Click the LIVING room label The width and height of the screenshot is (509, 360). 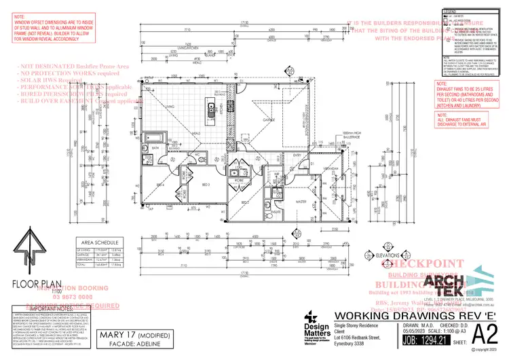coord(172,107)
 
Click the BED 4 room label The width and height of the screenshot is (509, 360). coord(161,184)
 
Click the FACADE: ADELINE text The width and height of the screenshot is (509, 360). coord(114,342)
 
